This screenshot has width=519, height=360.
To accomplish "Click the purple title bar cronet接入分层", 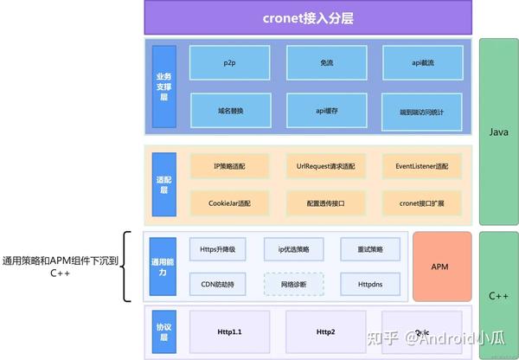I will point(307,17).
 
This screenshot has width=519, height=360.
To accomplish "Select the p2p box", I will point(229,64).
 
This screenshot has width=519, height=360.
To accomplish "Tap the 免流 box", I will point(326,64).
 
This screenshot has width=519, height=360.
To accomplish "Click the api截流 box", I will point(422,64).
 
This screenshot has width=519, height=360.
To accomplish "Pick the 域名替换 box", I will point(229,112).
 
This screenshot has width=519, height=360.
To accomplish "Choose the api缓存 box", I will point(326,112).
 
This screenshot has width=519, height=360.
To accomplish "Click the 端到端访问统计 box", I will point(422,112).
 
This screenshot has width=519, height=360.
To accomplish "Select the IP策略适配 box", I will point(230,165).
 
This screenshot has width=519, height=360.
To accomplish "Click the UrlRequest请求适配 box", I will point(326,165).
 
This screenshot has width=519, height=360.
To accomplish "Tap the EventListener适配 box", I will point(422,165).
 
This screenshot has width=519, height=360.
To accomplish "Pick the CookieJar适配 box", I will point(230,203).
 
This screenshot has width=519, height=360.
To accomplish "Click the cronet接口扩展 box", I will point(422,203).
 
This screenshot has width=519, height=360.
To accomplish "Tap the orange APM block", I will point(442,266).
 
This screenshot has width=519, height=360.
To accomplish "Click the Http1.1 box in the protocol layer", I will point(230,331).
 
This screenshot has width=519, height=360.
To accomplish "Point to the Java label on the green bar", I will point(497,132).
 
